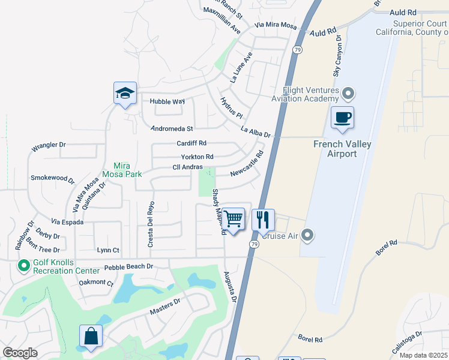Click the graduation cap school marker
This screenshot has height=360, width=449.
point(125,94)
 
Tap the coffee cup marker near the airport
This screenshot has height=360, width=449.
point(342,118)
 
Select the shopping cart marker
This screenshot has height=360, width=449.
point(233,220)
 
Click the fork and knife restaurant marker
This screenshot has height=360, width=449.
point(263,220)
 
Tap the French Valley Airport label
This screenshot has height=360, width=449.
point(342,149)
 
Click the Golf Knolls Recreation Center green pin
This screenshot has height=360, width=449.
point(24,265)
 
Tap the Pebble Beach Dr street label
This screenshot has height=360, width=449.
point(128,266)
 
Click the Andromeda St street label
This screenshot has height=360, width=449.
point(172,128)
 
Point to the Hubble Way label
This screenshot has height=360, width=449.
point(167,101)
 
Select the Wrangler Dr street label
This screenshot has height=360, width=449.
point(48,146)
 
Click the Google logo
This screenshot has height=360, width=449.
point(20,353)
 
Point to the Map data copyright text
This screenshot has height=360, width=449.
point(424,355)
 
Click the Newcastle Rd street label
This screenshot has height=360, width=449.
point(247,163)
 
